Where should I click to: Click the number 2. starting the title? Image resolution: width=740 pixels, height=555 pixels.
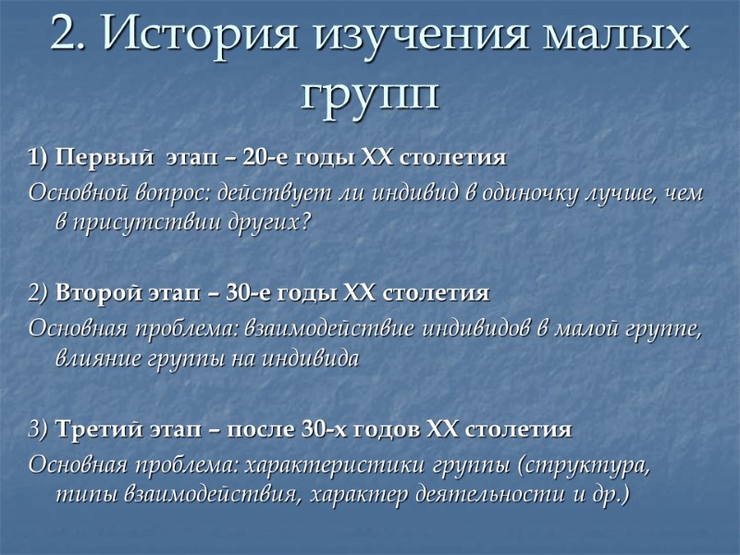(x=69, y=37)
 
